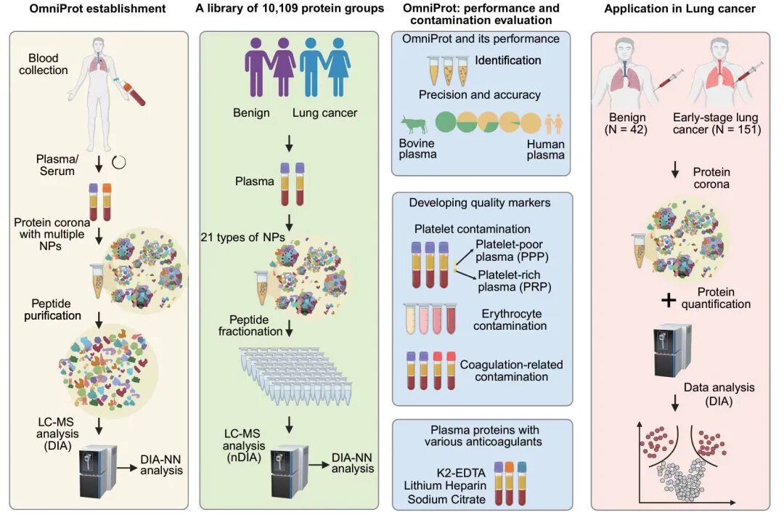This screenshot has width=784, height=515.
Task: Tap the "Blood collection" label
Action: [x=49, y=64]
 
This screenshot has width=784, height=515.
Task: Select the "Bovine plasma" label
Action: [x=418, y=150]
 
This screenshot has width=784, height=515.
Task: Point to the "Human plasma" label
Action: [x=545, y=150]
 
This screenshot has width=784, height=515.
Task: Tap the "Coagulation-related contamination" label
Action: [x=511, y=370]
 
